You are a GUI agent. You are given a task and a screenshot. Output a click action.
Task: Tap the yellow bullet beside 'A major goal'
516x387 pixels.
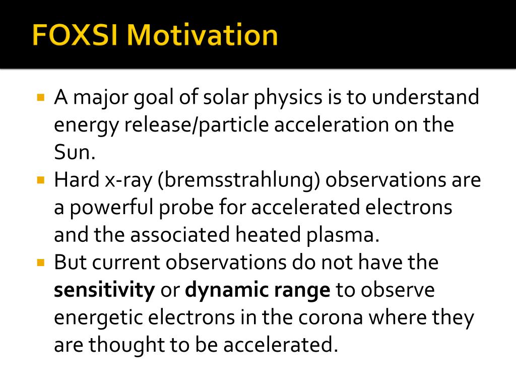point(41,96)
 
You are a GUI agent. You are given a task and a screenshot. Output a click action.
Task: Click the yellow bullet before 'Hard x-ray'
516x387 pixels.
point(41,179)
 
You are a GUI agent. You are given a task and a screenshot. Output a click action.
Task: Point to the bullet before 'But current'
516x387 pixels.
point(41,262)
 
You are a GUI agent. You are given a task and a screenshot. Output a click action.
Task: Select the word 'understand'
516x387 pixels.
point(426,97)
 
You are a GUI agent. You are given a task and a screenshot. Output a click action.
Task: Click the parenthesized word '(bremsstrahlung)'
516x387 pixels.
point(238,180)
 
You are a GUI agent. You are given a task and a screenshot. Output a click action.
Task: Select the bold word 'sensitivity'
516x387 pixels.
point(104,291)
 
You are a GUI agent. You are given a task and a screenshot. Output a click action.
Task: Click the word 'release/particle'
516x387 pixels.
point(197,124)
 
